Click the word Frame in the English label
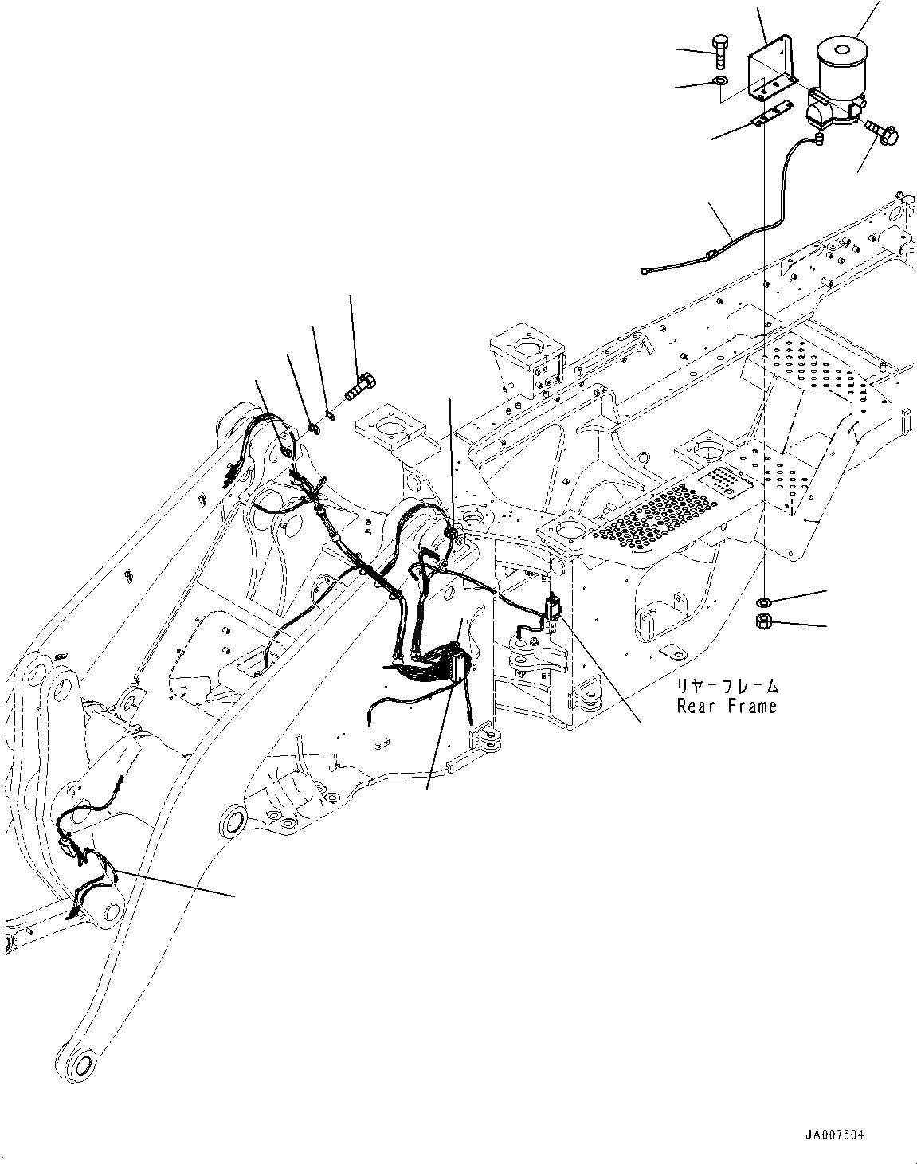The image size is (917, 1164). (x=751, y=705)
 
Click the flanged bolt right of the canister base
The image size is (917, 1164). (x=877, y=132)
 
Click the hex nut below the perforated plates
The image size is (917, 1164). (x=763, y=621)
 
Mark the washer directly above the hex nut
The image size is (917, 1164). (x=763, y=601)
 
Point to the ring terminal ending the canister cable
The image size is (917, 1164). (x=647, y=271)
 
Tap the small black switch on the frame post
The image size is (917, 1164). (x=553, y=605)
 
